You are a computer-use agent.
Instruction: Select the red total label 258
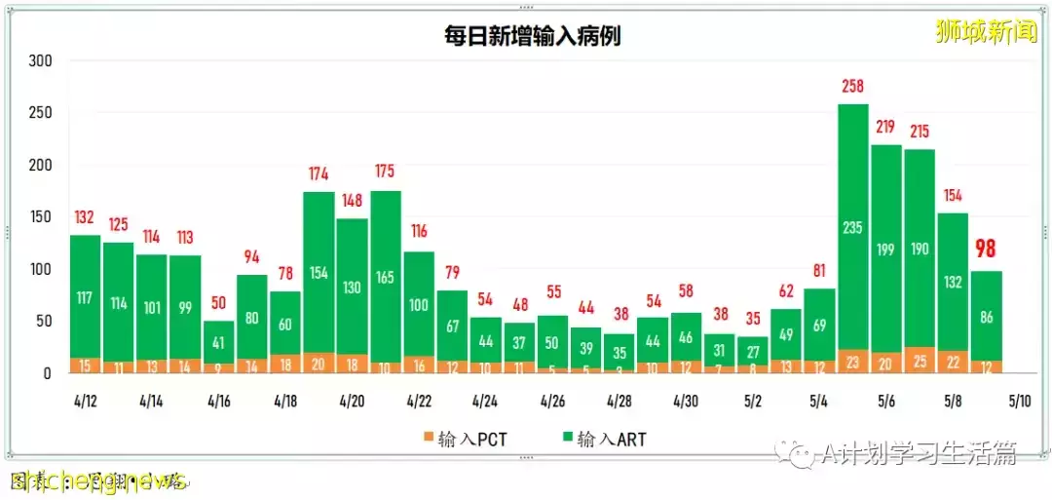tap(853, 87)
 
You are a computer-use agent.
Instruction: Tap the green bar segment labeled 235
tap(853, 227)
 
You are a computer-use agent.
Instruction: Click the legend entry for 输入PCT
tap(465, 440)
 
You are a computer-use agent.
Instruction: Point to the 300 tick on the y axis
tap(40, 61)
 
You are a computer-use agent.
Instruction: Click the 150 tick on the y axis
tap(40, 217)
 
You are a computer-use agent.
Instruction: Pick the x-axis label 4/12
tap(84, 401)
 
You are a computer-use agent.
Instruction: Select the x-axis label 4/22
tap(419, 401)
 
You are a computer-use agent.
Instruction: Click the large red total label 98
tap(985, 250)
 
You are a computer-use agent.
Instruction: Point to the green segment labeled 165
tap(386, 277)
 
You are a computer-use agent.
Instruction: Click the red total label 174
tap(319, 174)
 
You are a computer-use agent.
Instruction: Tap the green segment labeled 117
tap(86, 297)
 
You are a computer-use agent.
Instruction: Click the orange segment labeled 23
tap(853, 362)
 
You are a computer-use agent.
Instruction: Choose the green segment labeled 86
tap(987, 317)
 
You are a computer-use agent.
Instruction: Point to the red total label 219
tap(886, 128)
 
